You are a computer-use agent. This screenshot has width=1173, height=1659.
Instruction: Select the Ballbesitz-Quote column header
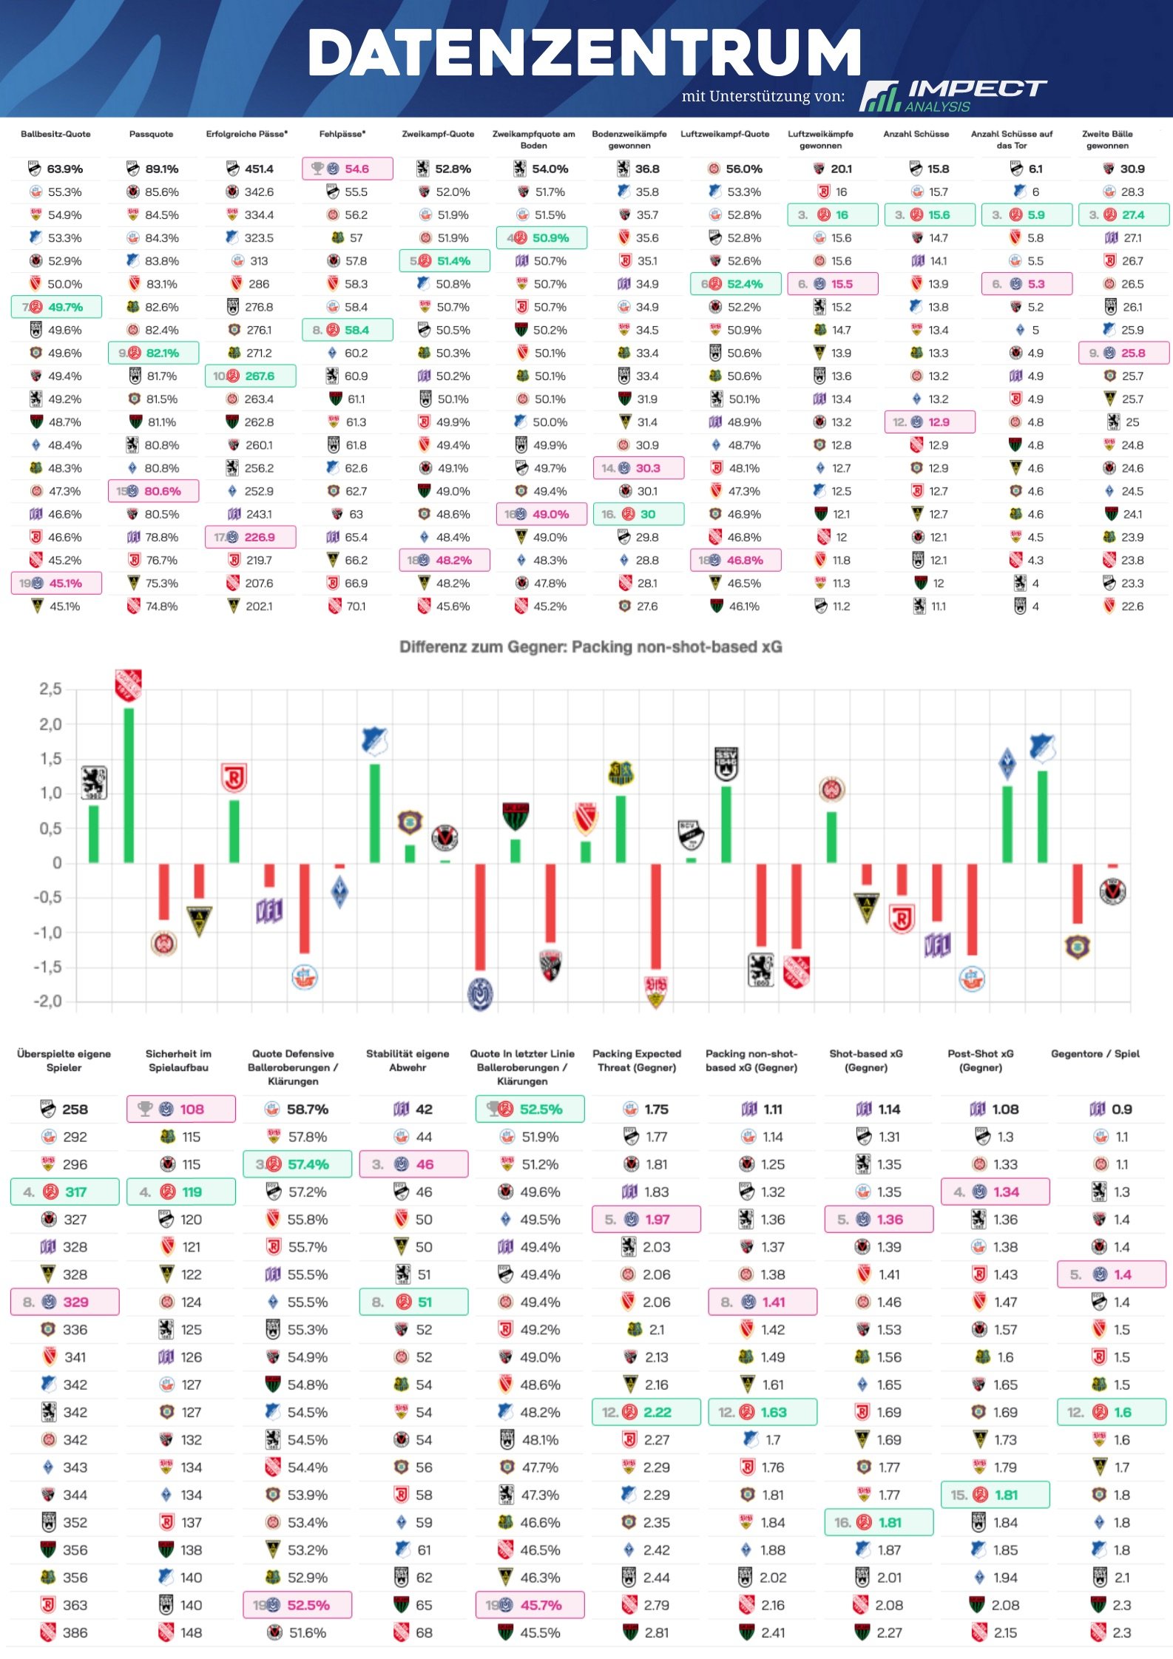click(55, 134)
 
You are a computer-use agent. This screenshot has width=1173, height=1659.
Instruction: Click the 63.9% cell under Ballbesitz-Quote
click(64, 169)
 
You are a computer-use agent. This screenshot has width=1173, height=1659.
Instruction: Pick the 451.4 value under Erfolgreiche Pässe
click(259, 169)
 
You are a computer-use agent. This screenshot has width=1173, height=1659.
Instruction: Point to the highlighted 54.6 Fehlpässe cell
click(348, 169)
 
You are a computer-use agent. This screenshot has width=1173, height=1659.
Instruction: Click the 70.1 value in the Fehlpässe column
click(356, 607)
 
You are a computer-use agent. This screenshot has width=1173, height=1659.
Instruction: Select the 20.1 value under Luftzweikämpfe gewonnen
click(841, 169)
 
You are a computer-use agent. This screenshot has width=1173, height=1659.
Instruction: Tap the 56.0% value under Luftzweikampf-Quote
click(744, 169)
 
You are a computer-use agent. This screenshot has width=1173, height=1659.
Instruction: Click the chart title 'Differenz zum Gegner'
click(590, 647)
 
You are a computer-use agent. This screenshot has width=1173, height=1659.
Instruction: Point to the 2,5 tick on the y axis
click(50, 689)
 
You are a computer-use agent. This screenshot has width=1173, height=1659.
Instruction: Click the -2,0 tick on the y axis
click(48, 1001)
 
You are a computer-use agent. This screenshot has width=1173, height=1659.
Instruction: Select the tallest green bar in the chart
click(129, 785)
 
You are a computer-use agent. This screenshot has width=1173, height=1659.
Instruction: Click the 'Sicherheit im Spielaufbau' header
click(178, 1060)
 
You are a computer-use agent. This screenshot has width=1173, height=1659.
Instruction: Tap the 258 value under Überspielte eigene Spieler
click(75, 1109)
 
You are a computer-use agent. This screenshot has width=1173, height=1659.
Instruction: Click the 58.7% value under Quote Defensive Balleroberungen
click(308, 1109)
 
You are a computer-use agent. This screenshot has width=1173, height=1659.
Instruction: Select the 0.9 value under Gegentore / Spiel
click(1121, 1109)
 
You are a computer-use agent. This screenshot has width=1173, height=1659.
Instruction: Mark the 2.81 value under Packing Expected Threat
click(656, 1632)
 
